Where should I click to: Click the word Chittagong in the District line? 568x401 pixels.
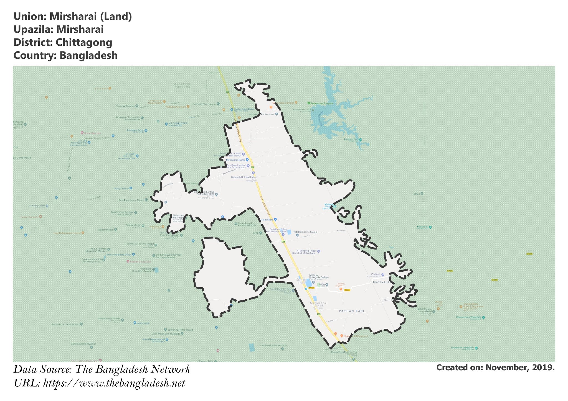pos(84,42)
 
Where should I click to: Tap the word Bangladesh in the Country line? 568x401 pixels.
pos(88,55)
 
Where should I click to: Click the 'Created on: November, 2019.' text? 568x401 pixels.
pos(495,368)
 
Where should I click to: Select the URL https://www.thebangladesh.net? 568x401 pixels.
pos(114,383)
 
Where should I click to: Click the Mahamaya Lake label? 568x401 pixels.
pos(302,110)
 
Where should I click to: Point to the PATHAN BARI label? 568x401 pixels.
pos(351,311)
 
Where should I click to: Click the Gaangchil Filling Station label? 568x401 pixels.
pos(244,177)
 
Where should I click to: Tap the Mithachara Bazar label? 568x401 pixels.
pos(235,160)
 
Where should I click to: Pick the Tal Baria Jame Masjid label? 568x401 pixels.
pos(305,232)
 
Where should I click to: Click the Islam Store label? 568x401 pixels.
pos(267,220)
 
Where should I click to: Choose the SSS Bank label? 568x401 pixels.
pos(376,274)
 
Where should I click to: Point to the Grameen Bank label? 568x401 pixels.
pos(37,206)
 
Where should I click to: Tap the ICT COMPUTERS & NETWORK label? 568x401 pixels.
pos(177,124)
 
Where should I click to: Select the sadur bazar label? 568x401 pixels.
pos(143,323)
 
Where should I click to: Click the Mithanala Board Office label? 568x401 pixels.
pos(119,255)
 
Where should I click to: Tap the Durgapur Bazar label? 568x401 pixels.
pos(135,130)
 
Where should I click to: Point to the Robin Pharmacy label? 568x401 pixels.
pos(29,217)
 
